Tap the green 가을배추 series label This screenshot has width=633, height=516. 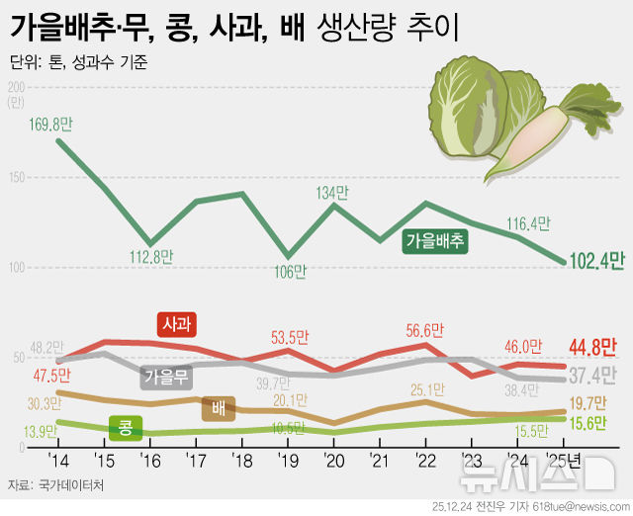(x=435, y=240)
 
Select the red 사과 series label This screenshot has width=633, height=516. (x=178, y=324)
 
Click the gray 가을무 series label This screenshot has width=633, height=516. (x=165, y=377)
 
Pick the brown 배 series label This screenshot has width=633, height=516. (x=218, y=407)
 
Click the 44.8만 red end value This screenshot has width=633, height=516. (x=592, y=347)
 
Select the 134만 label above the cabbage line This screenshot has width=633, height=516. (x=332, y=191)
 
